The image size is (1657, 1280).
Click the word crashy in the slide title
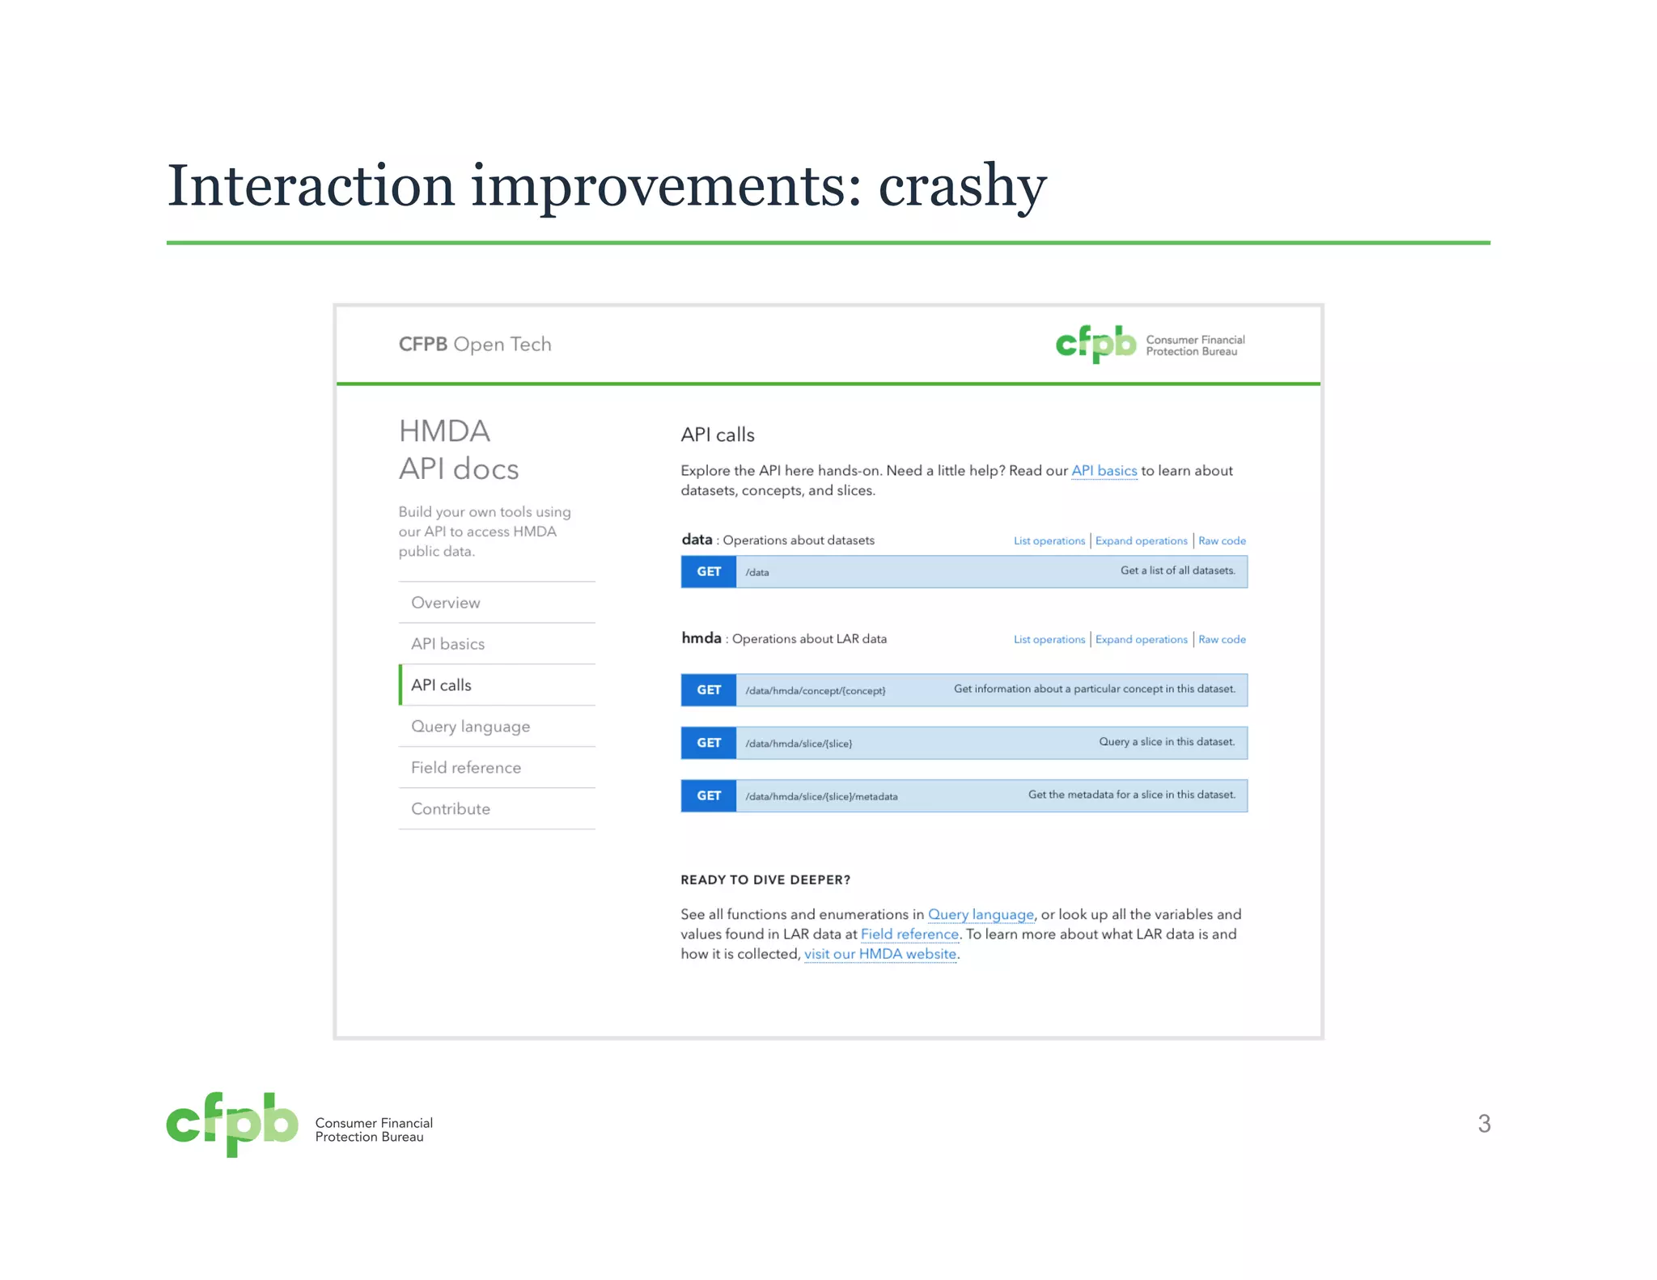pos(962,187)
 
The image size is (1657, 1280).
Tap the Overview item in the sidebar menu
pos(445,603)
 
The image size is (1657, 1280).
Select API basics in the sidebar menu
pos(447,644)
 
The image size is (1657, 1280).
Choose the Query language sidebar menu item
pos(470,727)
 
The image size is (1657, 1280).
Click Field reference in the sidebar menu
pos(465,768)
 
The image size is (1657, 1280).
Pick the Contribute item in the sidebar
pos(450,809)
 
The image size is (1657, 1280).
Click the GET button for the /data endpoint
pos(709,572)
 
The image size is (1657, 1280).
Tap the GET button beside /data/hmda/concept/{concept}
pos(709,690)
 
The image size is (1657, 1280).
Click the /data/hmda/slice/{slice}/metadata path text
pos(820,797)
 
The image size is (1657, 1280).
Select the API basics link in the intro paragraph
pos(1104,471)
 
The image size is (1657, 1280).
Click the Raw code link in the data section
pos(1222,541)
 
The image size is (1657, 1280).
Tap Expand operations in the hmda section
pos(1141,640)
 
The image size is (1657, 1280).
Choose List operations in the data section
pos(1049,541)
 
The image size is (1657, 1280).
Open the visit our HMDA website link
pos(879,954)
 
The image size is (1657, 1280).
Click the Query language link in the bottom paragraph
pos(981,914)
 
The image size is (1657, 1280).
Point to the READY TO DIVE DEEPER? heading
pos(765,880)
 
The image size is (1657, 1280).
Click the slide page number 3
pos(1484,1124)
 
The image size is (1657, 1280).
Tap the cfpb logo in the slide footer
pos(232,1124)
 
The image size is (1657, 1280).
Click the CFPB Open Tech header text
pos(475,345)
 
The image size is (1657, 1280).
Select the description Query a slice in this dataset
pos(1166,742)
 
